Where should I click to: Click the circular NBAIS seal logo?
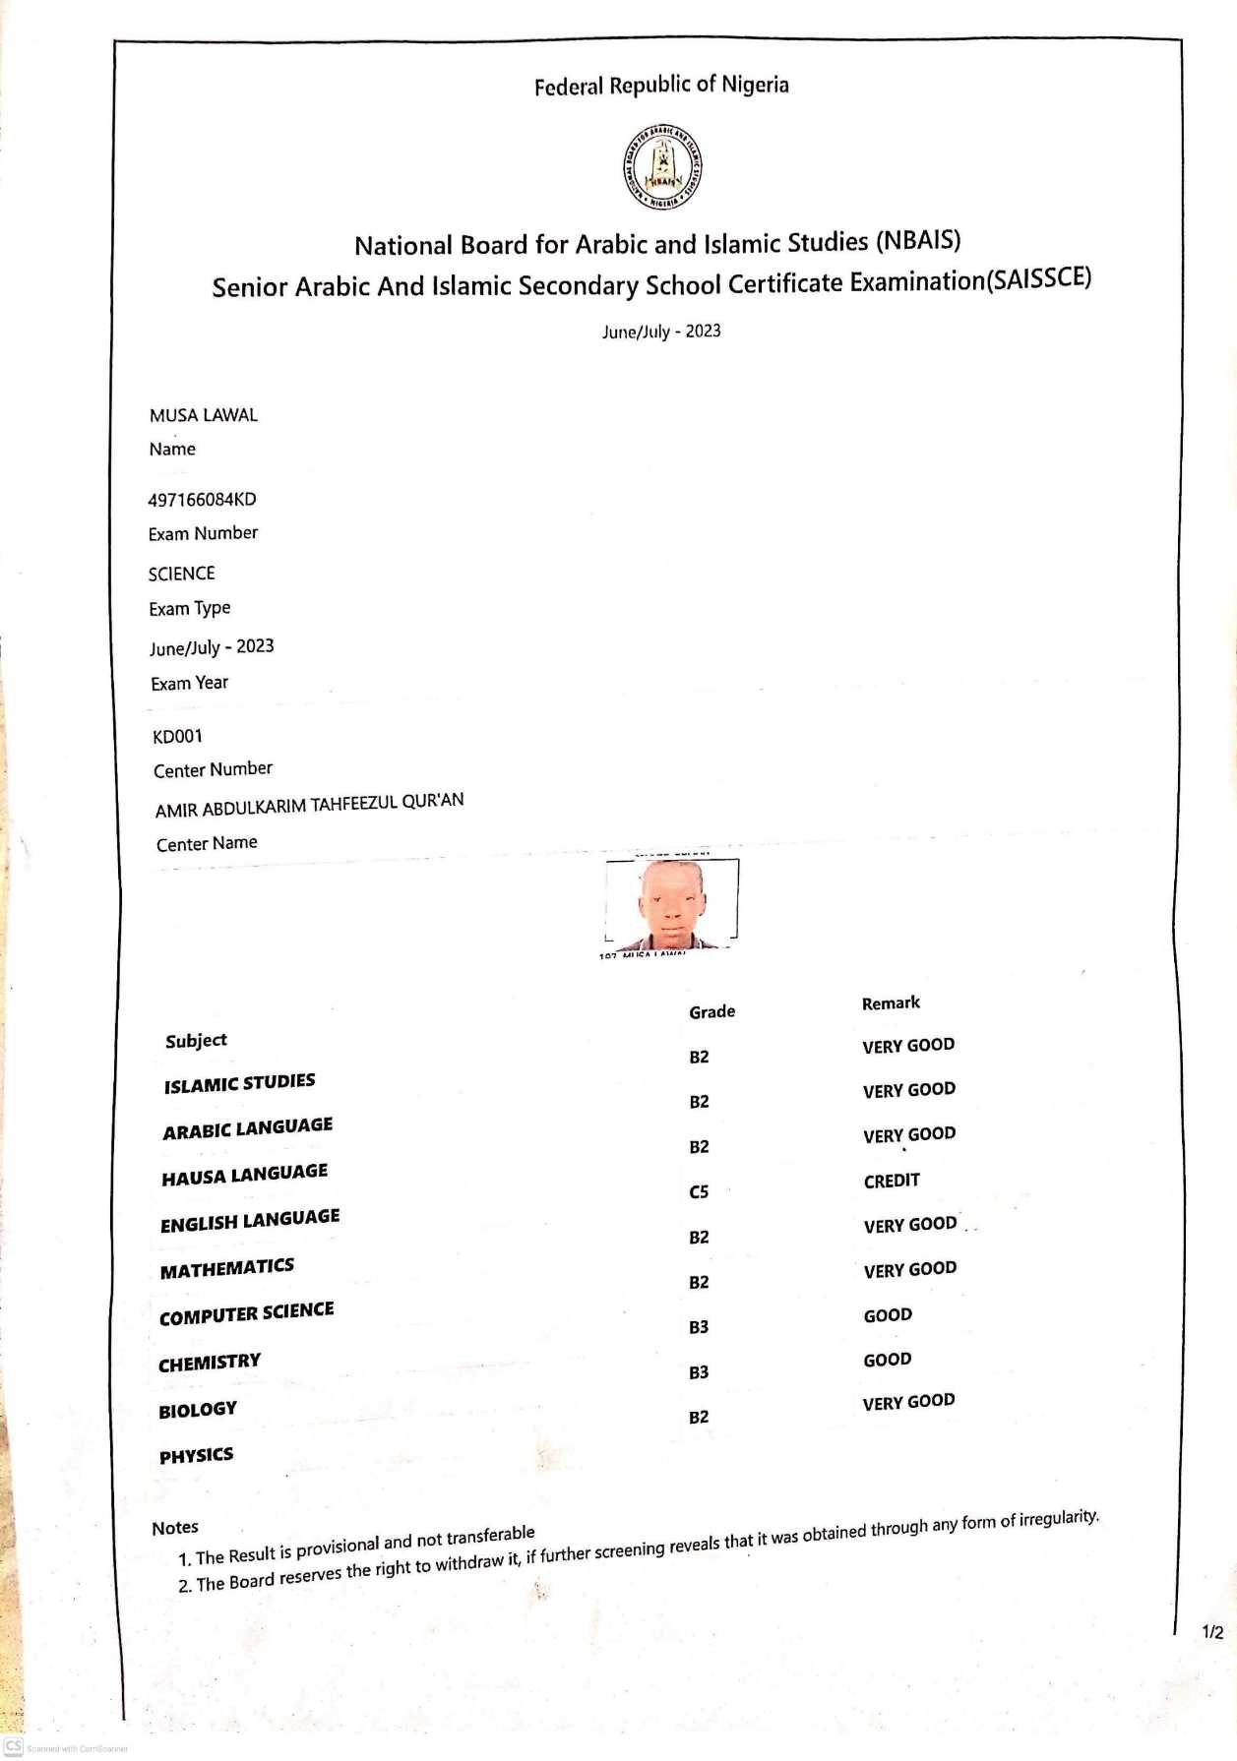click(661, 166)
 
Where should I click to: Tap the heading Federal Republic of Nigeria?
click(661, 86)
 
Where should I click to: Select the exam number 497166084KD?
click(202, 500)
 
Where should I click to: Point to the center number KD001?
click(178, 736)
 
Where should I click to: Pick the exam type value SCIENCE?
click(181, 574)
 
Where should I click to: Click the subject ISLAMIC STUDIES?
click(239, 1083)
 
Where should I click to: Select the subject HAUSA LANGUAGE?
click(244, 1175)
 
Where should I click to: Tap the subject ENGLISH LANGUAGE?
click(250, 1221)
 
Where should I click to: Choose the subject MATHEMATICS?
click(227, 1268)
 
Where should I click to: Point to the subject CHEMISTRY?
click(210, 1363)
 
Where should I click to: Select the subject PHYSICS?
click(197, 1456)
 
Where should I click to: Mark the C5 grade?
click(699, 1192)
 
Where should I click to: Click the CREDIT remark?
click(892, 1181)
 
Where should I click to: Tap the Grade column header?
click(711, 1011)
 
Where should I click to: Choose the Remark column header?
click(891, 1003)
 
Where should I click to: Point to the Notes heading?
click(175, 1528)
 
